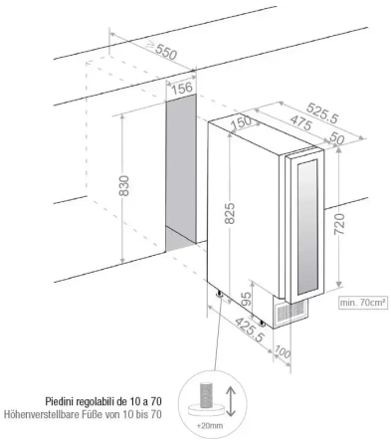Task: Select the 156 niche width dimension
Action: (182, 89)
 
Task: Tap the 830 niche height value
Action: (125, 186)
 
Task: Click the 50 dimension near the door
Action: (335, 140)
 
